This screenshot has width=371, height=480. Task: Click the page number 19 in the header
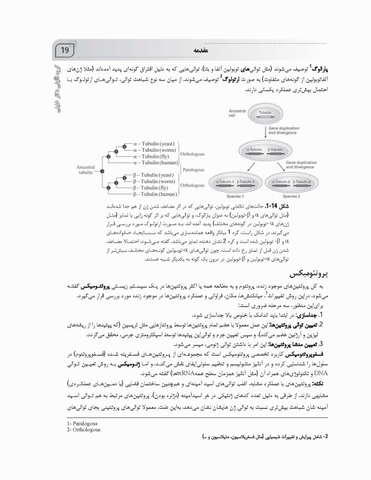pos(65,49)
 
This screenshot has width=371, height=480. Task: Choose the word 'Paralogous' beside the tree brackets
pos(195,168)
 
